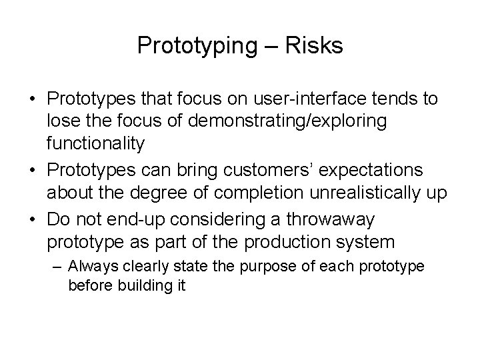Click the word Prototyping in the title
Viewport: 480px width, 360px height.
coord(193,46)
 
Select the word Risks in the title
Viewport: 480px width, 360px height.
coord(314,46)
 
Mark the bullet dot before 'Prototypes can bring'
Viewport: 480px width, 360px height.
coord(33,170)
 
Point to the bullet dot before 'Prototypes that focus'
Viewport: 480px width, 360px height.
coord(33,100)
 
